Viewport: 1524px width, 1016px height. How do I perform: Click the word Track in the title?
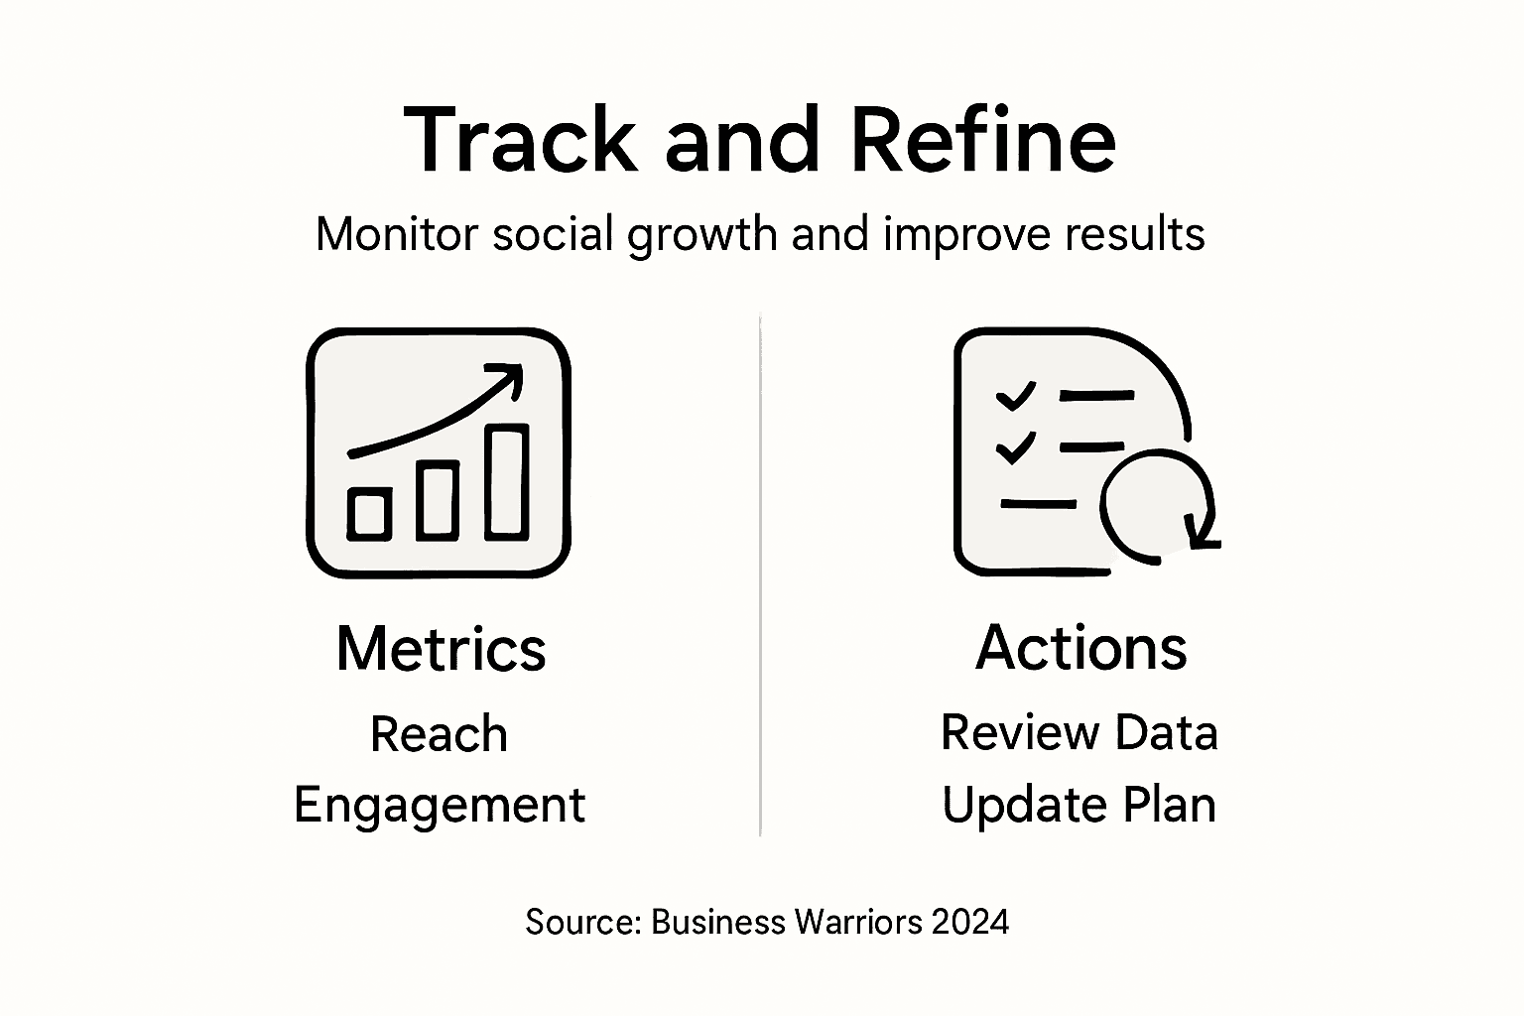pos(519,140)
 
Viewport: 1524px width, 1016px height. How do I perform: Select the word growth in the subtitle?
pos(702,236)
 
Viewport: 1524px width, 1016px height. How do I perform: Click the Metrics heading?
pos(441,649)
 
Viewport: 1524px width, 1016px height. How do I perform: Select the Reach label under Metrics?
pos(439,735)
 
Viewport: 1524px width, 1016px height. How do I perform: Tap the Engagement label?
pos(439,805)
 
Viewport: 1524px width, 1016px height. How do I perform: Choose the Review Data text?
pos(1079,733)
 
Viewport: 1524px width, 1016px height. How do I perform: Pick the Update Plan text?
pos(1079,805)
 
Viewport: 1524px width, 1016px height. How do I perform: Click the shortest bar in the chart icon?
pos(369,514)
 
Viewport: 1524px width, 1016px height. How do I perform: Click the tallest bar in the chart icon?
pos(507,482)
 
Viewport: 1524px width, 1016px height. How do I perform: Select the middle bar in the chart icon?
pos(437,501)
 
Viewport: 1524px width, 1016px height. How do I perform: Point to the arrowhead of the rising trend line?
pos(511,376)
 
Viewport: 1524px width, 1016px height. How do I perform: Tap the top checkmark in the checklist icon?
pos(1015,396)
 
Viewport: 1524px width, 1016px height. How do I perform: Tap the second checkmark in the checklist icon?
pos(1015,447)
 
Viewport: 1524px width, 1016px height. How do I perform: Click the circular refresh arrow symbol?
pos(1157,505)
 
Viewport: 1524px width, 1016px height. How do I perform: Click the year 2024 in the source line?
pos(970,923)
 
